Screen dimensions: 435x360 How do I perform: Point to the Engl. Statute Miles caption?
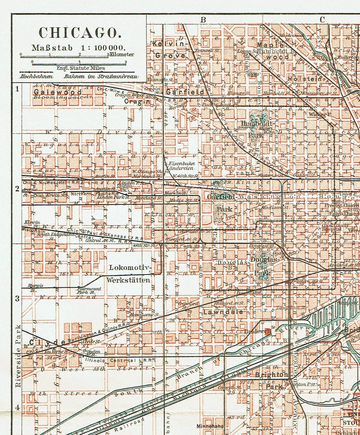(81, 68)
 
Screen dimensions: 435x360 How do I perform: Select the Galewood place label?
(57, 92)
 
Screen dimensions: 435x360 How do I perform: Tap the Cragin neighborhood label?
(137, 102)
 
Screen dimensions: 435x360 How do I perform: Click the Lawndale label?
(223, 312)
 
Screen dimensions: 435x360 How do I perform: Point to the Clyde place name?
(47, 342)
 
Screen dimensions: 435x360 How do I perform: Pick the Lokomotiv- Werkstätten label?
(129, 273)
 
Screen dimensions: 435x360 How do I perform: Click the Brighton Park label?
(272, 380)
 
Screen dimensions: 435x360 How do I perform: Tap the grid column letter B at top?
(204, 20)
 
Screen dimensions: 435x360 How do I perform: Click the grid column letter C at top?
(322, 20)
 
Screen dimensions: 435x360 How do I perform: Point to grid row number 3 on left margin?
(17, 298)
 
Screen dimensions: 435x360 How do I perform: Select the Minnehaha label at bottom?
(210, 426)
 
